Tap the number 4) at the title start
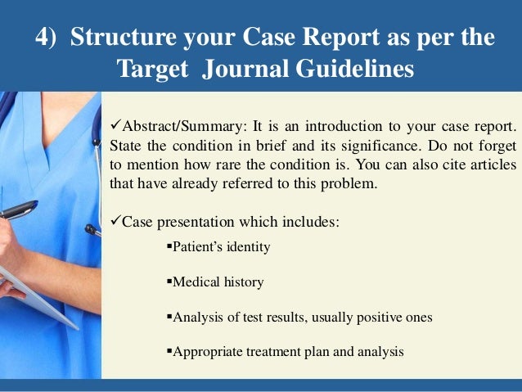(x=51, y=39)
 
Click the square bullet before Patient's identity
(x=168, y=246)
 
